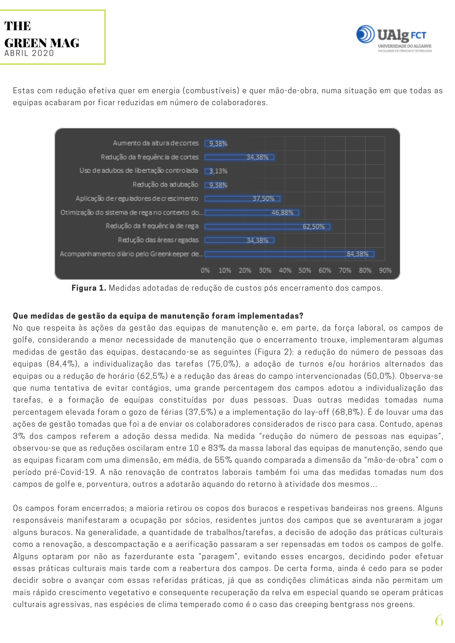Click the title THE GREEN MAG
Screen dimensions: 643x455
click(x=42, y=34)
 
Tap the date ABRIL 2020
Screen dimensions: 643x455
click(x=29, y=53)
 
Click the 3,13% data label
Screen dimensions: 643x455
click(x=218, y=171)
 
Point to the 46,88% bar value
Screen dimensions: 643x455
click(x=282, y=213)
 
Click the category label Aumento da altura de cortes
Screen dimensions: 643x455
click(x=156, y=143)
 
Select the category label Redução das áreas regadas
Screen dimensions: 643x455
click(x=158, y=240)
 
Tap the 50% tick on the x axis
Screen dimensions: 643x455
click(x=305, y=271)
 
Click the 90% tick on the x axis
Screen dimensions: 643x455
click(x=385, y=271)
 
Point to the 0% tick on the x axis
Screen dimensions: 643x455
click(x=205, y=271)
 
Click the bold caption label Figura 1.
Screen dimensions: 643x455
click(x=89, y=288)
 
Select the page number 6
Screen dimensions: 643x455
click(x=439, y=620)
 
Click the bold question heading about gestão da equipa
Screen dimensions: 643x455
click(x=158, y=316)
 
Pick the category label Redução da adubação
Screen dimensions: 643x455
click(x=165, y=185)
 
